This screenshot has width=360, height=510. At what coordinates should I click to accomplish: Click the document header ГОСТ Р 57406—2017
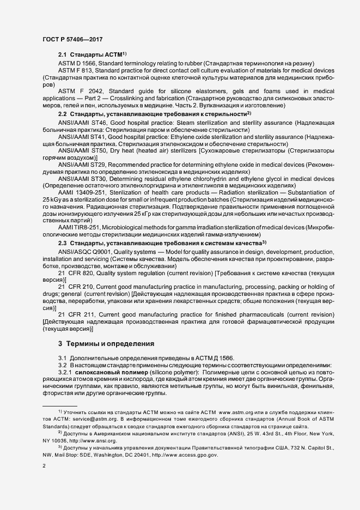[72, 39]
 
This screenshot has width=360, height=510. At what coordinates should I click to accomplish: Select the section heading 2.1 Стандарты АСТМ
[90, 55]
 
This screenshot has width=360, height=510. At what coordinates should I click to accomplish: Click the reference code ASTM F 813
[76, 70]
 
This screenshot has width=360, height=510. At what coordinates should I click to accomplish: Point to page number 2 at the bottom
[44, 466]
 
